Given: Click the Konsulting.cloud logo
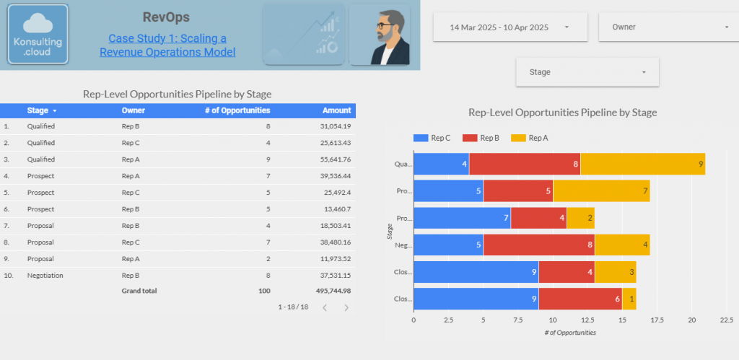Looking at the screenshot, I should (x=38, y=35).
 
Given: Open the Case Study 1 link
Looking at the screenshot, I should (x=167, y=45).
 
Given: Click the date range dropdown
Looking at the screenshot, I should (x=510, y=27).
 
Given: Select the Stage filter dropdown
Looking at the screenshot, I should (x=587, y=72).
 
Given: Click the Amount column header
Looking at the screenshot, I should (x=337, y=110).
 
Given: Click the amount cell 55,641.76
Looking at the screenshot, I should (x=331, y=159).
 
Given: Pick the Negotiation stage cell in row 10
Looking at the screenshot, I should (x=44, y=275).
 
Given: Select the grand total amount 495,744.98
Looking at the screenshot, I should (x=328, y=291).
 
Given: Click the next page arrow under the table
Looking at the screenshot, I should (x=346, y=307).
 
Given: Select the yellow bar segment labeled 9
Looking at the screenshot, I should (x=642, y=164).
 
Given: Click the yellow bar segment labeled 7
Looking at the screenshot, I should (x=600, y=191).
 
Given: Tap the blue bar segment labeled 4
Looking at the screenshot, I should (x=441, y=164).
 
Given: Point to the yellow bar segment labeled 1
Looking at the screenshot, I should (x=629, y=299).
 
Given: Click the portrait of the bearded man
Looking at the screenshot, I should (x=380, y=35).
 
